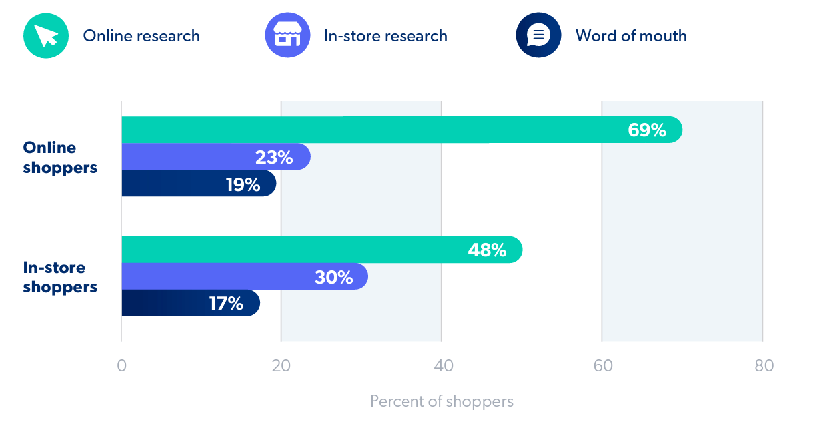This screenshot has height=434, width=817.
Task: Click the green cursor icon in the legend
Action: (46, 35)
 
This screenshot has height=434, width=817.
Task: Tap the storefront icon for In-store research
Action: (287, 35)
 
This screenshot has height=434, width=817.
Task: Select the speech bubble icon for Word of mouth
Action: (538, 35)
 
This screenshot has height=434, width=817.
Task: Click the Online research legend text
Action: (141, 36)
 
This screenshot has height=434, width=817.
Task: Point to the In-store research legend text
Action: (385, 36)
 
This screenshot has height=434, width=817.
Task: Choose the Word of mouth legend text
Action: (631, 36)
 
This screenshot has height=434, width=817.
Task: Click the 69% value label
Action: (647, 130)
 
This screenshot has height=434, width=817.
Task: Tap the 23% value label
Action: (274, 158)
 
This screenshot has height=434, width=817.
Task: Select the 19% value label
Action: (243, 184)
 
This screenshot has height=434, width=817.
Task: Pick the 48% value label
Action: (487, 250)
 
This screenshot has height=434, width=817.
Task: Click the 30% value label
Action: (333, 277)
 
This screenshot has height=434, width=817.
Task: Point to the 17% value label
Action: (226, 304)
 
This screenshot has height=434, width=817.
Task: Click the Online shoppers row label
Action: (60, 158)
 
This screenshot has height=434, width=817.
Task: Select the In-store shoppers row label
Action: (60, 278)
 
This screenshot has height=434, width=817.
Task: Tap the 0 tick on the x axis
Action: (121, 366)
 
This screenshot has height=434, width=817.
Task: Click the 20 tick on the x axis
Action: (281, 366)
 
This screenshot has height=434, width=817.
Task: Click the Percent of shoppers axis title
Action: (442, 401)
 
